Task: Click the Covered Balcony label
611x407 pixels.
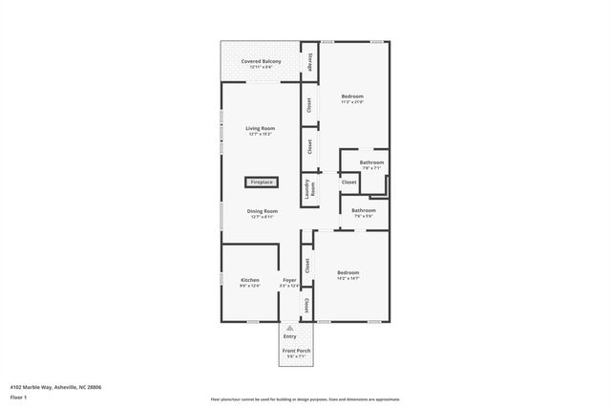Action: pos(261,61)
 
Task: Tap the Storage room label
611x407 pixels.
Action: pos(310,60)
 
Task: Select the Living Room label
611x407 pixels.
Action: pos(260,128)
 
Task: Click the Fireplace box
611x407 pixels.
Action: pos(261,182)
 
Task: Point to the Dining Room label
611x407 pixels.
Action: pos(262,211)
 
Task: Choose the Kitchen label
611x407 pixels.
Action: pos(249,280)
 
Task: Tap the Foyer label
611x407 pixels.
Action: pos(289,280)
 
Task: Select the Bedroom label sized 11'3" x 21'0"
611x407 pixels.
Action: pos(353,96)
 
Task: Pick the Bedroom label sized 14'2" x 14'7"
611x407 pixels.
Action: pos(348,272)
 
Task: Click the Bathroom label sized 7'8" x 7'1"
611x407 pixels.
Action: pos(371,162)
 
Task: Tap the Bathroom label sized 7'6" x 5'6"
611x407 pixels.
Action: pos(363,210)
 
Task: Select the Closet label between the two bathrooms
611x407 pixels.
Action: pos(348,182)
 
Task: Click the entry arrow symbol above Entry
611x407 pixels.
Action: pos(290,328)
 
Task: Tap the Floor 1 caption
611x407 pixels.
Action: pos(17,396)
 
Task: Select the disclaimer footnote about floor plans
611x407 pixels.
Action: pos(305,399)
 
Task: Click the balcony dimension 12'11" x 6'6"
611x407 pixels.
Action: pos(261,67)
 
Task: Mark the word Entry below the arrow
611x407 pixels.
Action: pos(290,336)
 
